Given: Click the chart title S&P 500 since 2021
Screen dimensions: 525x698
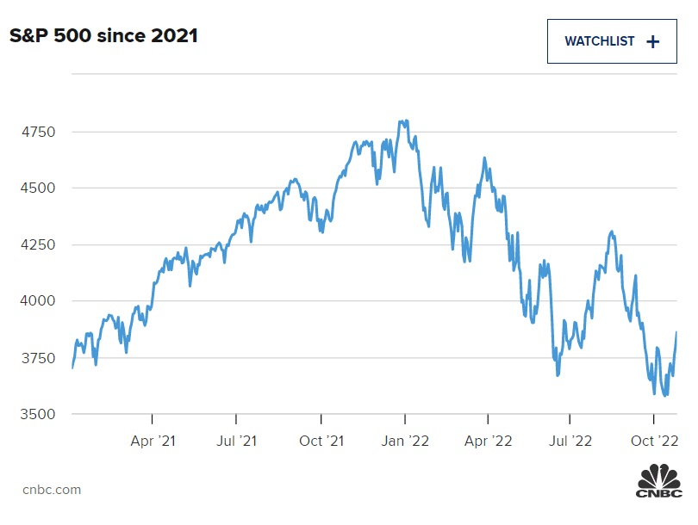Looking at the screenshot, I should (x=104, y=36).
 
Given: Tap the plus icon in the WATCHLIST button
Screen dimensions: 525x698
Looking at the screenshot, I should (x=652, y=41).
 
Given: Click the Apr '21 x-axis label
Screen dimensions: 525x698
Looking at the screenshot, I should (x=153, y=441).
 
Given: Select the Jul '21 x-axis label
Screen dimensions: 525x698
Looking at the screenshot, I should (x=236, y=441).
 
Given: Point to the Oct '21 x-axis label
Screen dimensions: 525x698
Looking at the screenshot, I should (x=321, y=441).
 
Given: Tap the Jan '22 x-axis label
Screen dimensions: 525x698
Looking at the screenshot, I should (x=405, y=441).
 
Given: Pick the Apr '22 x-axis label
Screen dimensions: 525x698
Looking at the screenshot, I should (x=488, y=441).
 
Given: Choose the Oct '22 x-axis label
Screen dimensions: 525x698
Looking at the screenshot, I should (x=655, y=441).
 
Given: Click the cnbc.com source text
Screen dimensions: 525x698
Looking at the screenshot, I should (x=52, y=490).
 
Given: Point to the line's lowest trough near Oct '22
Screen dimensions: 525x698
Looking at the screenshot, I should (x=665, y=396).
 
